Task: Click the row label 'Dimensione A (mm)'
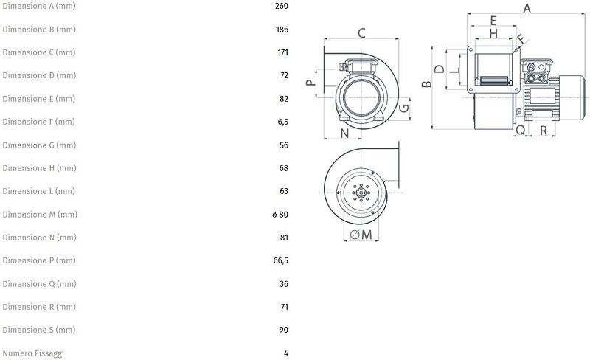(x=38, y=7)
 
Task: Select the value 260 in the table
(x=281, y=7)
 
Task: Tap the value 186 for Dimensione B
(x=281, y=30)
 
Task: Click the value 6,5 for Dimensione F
(x=282, y=122)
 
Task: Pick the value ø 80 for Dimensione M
(x=280, y=215)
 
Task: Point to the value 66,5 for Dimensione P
(x=281, y=260)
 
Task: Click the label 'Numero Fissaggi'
(x=32, y=353)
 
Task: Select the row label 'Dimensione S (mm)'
(x=38, y=330)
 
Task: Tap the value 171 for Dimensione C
(x=281, y=53)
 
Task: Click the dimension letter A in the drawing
(x=527, y=8)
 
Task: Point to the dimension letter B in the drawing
(x=426, y=84)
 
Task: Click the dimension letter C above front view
(x=361, y=32)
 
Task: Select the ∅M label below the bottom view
(x=360, y=235)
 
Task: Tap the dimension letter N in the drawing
(x=345, y=133)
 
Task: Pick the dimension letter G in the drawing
(x=403, y=108)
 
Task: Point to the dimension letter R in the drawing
(x=543, y=131)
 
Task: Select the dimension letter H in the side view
(x=493, y=33)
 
